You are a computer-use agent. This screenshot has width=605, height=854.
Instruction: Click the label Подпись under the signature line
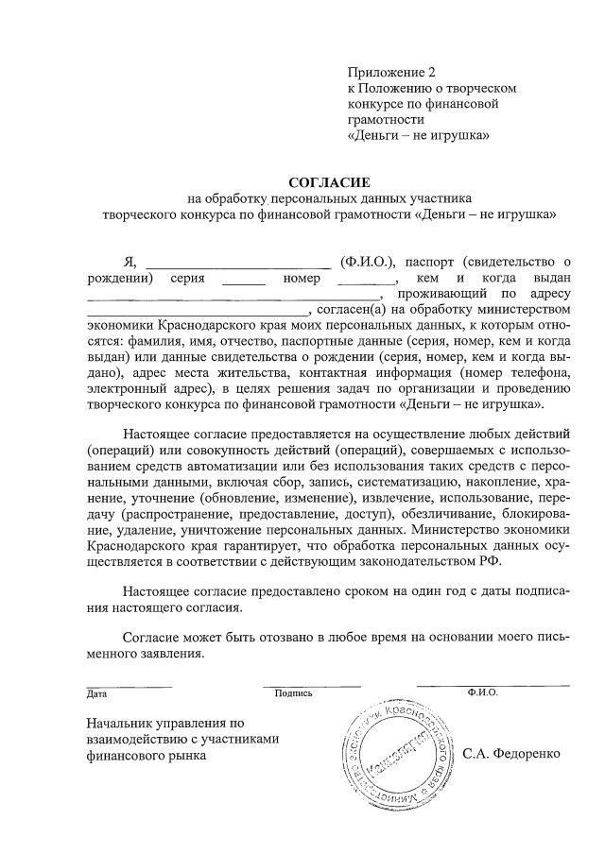click(x=293, y=693)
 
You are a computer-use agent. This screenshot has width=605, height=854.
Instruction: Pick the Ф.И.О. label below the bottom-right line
click(x=482, y=692)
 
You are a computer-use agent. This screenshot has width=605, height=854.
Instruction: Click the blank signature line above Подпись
click(x=311, y=684)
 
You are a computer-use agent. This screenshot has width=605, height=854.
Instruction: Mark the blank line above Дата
click(x=130, y=684)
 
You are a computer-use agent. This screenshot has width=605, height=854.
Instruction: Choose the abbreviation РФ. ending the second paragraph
click(x=492, y=559)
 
